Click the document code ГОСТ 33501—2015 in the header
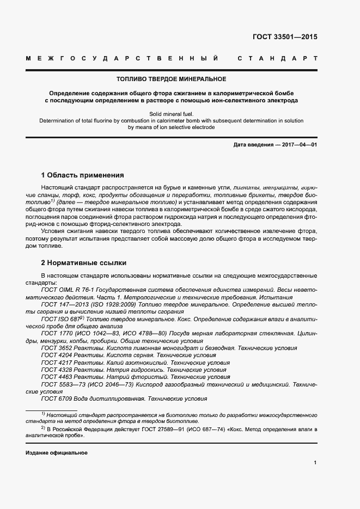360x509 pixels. [x=285, y=38]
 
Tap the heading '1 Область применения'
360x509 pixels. [x=82, y=175]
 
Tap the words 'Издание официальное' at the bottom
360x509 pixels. [x=56, y=453]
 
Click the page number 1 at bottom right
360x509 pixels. [x=315, y=463]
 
